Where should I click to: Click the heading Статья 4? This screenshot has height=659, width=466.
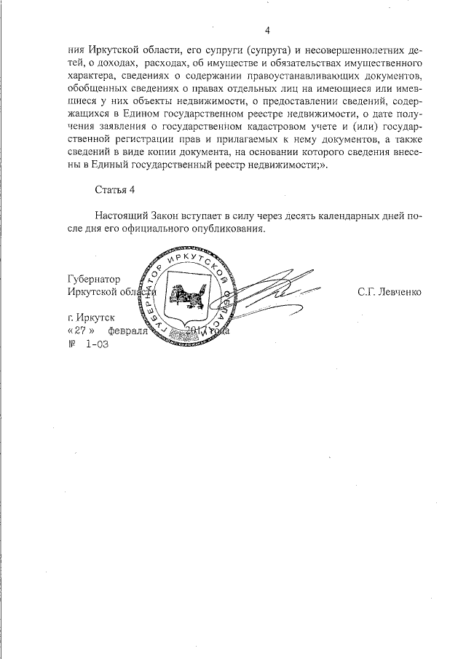115,190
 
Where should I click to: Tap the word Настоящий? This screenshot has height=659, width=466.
121,216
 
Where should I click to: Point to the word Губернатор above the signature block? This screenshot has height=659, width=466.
92,279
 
